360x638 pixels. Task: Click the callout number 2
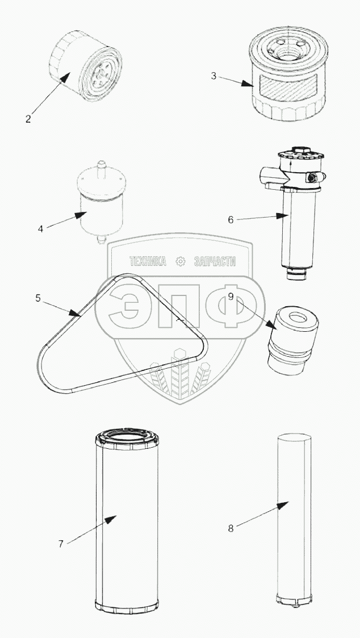(x=28, y=119)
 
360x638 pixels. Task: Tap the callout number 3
(x=214, y=76)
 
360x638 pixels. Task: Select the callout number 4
(x=40, y=229)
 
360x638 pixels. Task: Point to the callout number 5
(x=38, y=298)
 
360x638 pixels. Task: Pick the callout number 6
(x=231, y=220)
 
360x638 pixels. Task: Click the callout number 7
(x=61, y=544)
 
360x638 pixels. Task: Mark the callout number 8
(x=231, y=528)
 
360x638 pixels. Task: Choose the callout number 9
(x=231, y=297)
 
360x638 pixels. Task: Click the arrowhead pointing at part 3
(x=246, y=84)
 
